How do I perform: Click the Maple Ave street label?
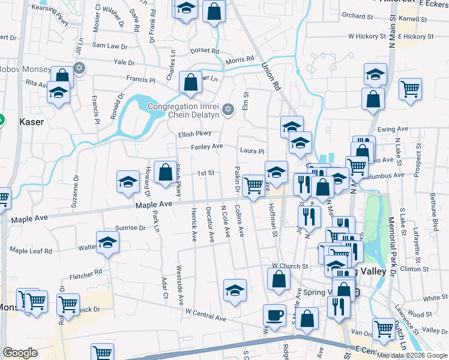click(154, 205)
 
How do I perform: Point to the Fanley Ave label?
click(206, 146)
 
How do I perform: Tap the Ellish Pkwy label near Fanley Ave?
click(194, 134)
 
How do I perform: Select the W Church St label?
click(289, 265)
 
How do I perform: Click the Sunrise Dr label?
click(130, 228)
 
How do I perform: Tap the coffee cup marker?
click(275, 315)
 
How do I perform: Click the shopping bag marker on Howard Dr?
click(165, 172)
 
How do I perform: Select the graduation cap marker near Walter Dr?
click(108, 243)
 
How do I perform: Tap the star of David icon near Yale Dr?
click(78, 68)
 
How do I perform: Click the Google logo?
click(20, 353)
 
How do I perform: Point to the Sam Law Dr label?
click(109, 46)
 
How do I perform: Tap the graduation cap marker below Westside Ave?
click(235, 290)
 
